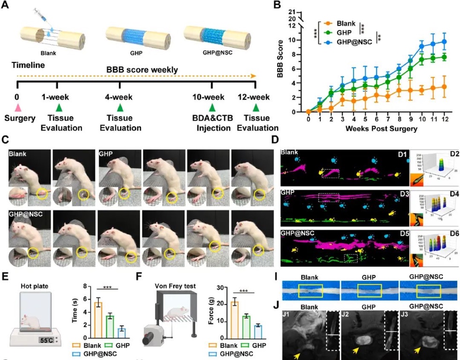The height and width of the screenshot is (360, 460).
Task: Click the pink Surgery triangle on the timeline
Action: (x=17, y=108)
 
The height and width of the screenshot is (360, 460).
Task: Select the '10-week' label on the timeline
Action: (x=212, y=97)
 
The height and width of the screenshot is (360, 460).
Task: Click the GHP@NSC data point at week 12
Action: (x=444, y=42)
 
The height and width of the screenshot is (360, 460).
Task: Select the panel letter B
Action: (x=277, y=5)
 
